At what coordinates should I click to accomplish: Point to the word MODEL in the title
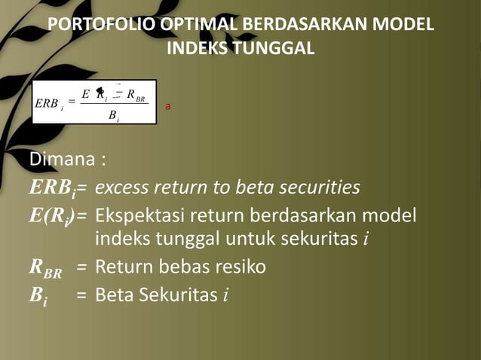406,25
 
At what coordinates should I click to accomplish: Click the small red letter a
168,107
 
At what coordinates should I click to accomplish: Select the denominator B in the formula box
112,115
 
